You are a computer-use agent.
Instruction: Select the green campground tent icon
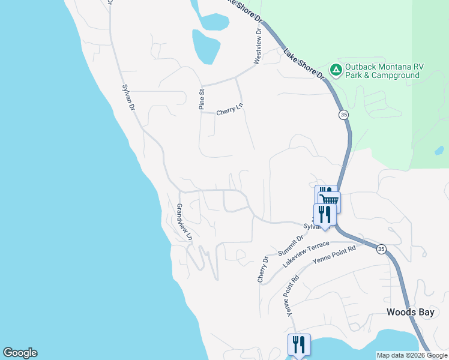click(336, 71)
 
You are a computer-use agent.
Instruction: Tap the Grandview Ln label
click(184, 222)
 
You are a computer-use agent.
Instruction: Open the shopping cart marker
click(329, 200)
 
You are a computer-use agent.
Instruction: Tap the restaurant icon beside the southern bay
click(299, 344)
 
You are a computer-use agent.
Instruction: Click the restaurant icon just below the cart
click(324, 215)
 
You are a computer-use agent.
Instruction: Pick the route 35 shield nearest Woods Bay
click(381, 248)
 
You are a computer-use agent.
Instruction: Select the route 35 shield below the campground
click(343, 114)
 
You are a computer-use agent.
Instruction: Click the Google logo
click(20, 353)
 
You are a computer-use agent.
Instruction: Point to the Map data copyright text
click(411, 355)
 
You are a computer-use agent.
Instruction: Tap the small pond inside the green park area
click(439, 150)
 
